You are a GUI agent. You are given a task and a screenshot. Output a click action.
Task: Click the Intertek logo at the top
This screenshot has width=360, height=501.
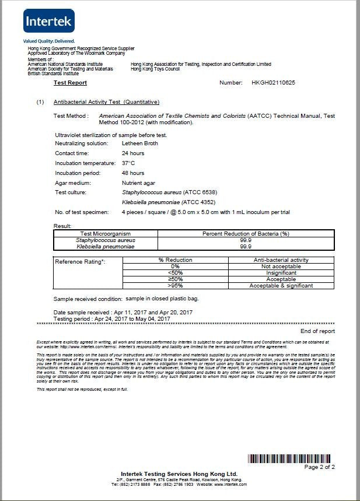point(49,22)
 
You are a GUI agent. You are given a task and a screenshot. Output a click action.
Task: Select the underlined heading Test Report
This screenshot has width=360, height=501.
point(70,83)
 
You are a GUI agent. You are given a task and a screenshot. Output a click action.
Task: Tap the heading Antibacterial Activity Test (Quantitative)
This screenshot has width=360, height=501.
point(106,102)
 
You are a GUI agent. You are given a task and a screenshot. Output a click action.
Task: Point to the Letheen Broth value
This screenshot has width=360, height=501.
point(140,143)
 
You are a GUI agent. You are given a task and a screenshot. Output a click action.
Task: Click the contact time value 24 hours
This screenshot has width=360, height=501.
point(133,153)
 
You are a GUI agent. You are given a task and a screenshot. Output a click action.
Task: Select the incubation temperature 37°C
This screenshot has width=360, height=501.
point(128,163)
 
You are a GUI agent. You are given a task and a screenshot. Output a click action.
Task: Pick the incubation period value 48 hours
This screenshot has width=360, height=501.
point(133,173)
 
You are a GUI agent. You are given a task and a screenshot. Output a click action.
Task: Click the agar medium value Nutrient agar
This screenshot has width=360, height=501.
point(139,183)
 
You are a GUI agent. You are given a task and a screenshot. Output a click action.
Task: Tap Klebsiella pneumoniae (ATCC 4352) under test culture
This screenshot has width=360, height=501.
point(163,201)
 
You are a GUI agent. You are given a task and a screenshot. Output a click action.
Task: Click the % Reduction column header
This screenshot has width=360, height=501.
point(175,260)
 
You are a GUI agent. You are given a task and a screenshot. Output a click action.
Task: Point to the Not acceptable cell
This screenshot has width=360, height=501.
point(281,267)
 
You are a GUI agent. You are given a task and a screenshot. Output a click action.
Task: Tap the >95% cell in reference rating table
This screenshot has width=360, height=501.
point(175,286)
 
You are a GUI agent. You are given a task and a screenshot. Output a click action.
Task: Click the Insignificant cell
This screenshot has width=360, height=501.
point(281,273)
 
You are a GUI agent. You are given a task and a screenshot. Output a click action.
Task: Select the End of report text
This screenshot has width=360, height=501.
point(317,331)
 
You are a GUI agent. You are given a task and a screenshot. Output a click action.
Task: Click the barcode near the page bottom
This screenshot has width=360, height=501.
point(291,458)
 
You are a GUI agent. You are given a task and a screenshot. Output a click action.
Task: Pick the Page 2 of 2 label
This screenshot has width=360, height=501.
point(320,467)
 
